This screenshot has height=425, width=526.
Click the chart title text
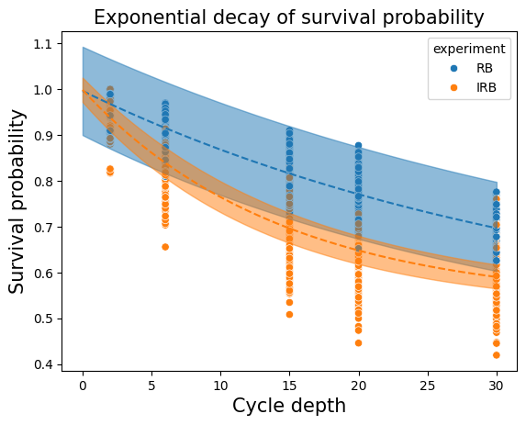coord(289,17)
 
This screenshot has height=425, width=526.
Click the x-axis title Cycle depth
coord(289,406)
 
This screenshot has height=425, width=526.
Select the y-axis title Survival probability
coord(17,202)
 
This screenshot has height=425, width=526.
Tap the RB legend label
coord(485,69)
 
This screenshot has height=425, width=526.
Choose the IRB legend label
coord(487,88)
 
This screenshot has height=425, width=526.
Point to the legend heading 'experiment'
coord(469,49)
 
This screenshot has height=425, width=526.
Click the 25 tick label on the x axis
coord(428,386)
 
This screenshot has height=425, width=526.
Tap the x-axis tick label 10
coord(220,386)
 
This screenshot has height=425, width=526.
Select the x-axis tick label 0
coord(83,386)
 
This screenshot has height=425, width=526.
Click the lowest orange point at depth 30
coord(497,355)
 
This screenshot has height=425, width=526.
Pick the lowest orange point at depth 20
coord(358,343)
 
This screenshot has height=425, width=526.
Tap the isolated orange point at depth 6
coord(165,247)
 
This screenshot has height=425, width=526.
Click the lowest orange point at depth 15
coord(289,315)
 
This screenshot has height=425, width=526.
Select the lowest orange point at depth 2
coord(110,172)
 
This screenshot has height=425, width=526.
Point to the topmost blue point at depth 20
coord(358,146)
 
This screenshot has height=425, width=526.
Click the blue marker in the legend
coord(453,69)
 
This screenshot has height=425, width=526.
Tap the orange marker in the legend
coord(453,88)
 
